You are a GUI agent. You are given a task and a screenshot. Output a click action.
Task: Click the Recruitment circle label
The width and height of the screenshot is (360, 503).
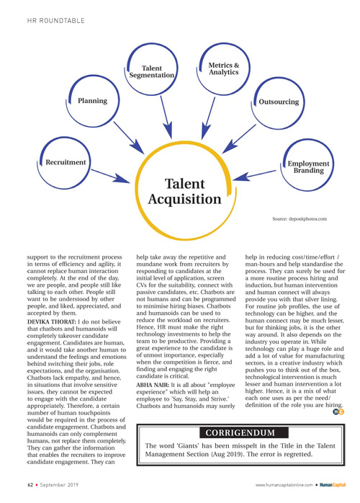point(66,162)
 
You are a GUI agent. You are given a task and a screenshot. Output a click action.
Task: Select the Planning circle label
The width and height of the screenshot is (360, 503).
point(93,101)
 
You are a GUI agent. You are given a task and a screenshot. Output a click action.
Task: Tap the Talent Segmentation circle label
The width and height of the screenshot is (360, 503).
point(152,71)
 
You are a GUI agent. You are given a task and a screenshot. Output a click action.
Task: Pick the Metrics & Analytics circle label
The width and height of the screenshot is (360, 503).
point(224,68)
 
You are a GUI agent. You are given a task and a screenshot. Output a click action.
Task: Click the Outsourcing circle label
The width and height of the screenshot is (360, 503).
point(279,102)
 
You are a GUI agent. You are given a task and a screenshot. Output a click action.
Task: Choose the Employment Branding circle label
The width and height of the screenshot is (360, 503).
point(308,166)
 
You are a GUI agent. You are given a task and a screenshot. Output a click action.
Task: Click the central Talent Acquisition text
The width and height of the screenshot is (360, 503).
point(184,192)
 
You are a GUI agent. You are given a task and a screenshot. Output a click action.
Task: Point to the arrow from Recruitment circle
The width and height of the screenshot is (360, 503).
point(111,176)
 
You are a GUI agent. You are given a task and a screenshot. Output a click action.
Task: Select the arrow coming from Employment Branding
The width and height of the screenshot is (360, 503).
point(254,175)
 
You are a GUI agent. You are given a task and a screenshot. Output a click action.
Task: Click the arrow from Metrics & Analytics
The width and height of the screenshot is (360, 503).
point(208,118)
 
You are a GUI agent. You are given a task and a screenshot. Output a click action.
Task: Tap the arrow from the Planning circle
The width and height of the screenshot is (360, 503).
point(129,138)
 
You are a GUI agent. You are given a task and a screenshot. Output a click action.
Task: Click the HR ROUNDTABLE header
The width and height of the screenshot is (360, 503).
point(55,20)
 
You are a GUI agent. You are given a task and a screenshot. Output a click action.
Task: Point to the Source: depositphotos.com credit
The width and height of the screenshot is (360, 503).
point(300,219)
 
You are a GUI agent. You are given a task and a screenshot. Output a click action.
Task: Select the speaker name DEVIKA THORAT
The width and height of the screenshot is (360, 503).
point(52,321)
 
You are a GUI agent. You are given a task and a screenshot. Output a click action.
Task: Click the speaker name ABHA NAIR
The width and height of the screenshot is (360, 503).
point(153,385)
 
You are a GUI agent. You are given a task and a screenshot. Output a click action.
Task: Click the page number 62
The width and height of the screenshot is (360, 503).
point(30,485)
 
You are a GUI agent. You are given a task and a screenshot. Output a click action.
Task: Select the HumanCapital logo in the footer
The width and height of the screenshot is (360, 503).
point(333,485)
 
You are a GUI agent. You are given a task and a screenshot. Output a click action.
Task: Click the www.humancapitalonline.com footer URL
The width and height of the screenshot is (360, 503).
point(284,485)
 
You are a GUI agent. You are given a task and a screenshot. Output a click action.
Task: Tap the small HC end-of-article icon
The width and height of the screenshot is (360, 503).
point(338,411)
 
